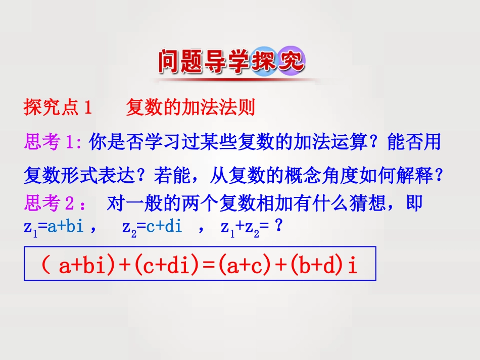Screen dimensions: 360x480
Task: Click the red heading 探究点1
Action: [x=58, y=108]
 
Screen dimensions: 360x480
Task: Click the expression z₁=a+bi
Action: [x=54, y=227]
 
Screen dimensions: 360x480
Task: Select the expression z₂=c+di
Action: [x=152, y=227]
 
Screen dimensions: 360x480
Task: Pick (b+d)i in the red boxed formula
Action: [x=324, y=265]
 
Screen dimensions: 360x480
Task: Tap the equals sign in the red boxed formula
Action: [x=209, y=266]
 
